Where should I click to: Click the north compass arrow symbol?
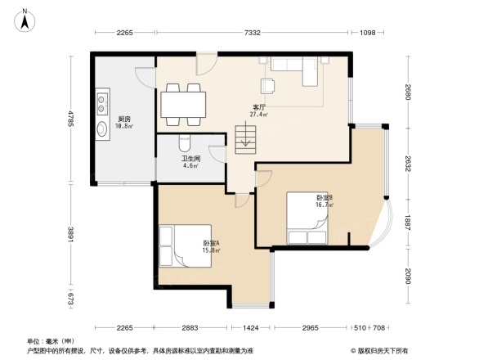[x=25, y=18]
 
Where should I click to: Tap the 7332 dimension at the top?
[x=252, y=33]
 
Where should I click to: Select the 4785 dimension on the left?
[x=71, y=119]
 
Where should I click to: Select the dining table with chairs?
[x=184, y=104]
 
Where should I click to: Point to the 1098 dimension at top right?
[x=367, y=33]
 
